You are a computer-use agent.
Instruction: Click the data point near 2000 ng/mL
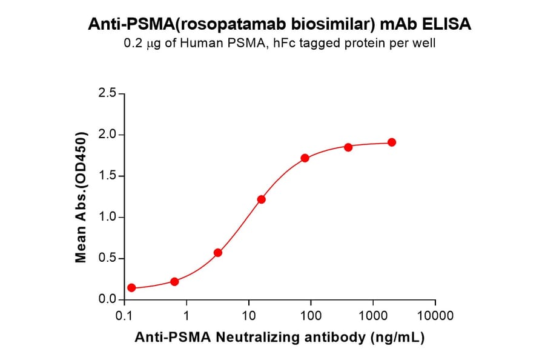pyautogui.click(x=392, y=142)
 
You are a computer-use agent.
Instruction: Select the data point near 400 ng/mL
pyautogui.click(x=348, y=147)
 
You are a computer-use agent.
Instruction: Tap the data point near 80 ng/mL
pyautogui.click(x=305, y=158)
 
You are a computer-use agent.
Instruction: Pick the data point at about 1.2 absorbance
pyautogui.click(x=262, y=199)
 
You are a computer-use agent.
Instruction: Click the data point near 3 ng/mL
pyautogui.click(x=218, y=253)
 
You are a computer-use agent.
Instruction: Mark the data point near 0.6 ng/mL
pyautogui.click(x=174, y=281)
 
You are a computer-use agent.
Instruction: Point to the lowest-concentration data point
pyautogui.click(x=131, y=288)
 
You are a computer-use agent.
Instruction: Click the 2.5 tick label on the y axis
pyautogui.click(x=107, y=94)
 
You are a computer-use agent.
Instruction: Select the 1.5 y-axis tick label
pyautogui.click(x=107, y=176)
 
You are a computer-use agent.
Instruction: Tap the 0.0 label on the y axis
pyautogui.click(x=107, y=300)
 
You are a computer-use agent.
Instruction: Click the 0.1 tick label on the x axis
pyautogui.click(x=124, y=316)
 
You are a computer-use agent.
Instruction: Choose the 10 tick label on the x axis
pyautogui.click(x=248, y=316)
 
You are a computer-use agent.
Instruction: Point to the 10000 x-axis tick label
pyautogui.click(x=435, y=316)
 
